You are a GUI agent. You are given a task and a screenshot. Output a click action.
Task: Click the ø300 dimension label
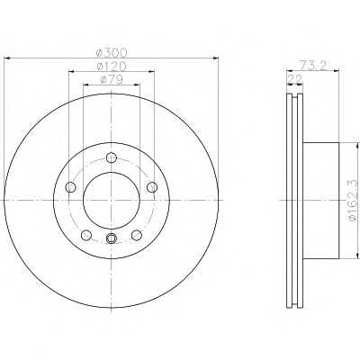112,53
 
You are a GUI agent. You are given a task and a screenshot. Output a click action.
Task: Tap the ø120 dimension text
112,66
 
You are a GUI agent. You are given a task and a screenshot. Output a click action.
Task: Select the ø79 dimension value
112,80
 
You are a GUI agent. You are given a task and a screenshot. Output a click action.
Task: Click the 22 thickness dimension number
295,79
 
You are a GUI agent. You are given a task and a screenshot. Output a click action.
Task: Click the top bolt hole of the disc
112,157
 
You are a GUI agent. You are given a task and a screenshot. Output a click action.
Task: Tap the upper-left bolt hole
70,187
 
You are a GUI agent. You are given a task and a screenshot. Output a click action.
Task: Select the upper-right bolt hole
152,187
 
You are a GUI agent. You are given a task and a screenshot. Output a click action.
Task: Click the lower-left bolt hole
86,235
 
